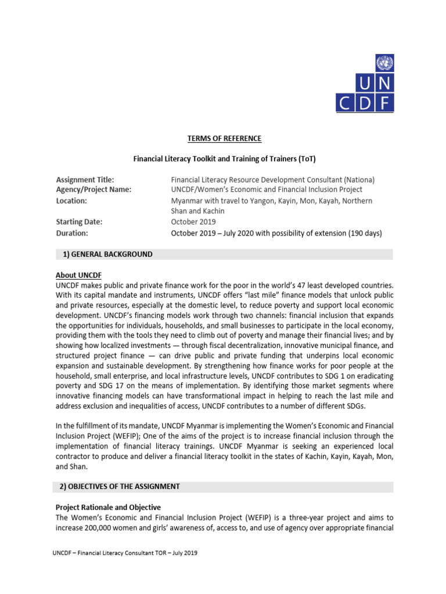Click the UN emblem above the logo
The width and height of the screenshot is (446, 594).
click(385, 61)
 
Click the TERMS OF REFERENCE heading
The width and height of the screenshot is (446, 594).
click(224, 139)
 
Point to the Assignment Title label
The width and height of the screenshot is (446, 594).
click(85, 180)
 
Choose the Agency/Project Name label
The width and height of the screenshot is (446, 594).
click(93, 190)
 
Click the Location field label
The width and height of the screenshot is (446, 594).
click(71, 201)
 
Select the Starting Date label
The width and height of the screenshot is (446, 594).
click(79, 222)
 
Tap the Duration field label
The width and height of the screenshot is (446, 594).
click(73, 233)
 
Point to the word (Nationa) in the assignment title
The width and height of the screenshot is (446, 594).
click(359, 180)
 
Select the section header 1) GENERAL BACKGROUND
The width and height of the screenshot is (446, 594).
click(108, 254)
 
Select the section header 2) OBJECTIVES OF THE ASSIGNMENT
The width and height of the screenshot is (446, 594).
click(122, 486)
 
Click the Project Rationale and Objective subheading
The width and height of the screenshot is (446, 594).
click(108, 507)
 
